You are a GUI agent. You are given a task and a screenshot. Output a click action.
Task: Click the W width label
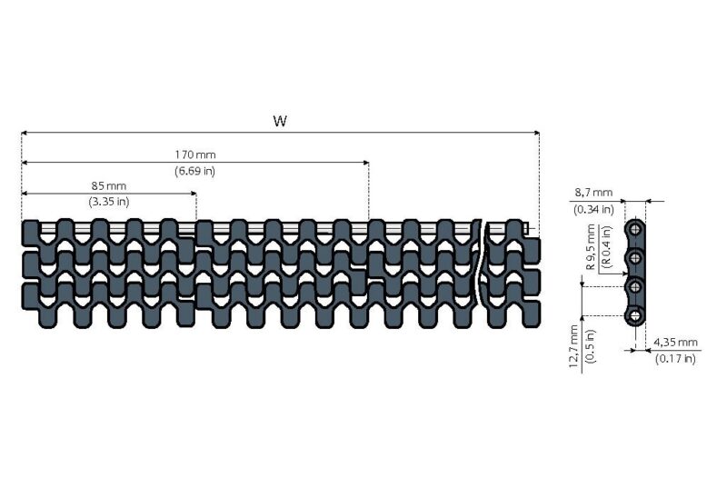pyautogui.click(x=280, y=121)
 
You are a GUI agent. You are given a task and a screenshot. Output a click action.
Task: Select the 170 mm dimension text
pyautogui.click(x=195, y=154)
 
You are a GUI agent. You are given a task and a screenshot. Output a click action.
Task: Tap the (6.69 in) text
pyautogui.click(x=195, y=171)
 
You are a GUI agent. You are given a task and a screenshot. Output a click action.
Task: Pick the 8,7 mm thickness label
pyautogui.click(x=594, y=193)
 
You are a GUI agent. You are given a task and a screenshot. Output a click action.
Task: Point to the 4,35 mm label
pyautogui.click(x=675, y=342)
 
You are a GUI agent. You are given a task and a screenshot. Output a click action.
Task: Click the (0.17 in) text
pyautogui.click(x=675, y=358)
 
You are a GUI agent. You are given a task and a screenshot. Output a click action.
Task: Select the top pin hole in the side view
pyautogui.click(x=635, y=233)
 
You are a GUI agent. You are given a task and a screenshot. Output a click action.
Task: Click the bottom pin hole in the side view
pyautogui.click(x=635, y=315)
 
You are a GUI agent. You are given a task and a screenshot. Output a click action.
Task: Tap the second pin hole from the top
pyautogui.click(x=635, y=260)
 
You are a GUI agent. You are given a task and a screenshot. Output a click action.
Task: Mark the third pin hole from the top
pyautogui.click(x=635, y=288)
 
